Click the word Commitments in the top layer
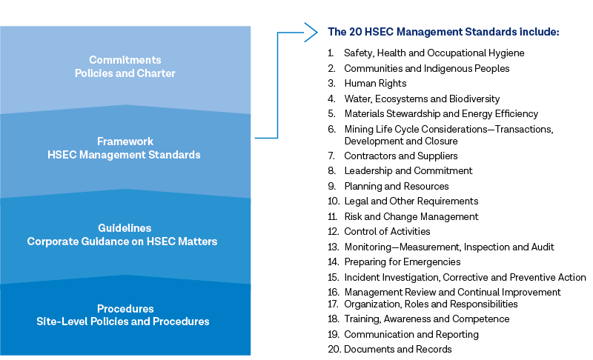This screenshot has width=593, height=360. click(x=125, y=60)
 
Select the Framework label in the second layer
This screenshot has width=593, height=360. click(x=125, y=141)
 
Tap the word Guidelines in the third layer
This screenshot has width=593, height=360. click(x=125, y=228)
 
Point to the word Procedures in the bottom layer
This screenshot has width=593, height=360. click(x=125, y=309)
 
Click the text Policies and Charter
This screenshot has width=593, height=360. click(x=125, y=73)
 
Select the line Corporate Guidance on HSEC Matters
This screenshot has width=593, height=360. click(x=122, y=241)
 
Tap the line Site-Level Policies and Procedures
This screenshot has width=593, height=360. click(x=123, y=321)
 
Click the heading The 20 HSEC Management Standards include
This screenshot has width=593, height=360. click(x=443, y=32)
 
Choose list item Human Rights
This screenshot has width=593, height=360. click(x=375, y=83)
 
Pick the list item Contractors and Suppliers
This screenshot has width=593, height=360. click(x=401, y=156)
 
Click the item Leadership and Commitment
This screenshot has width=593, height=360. click(x=408, y=171)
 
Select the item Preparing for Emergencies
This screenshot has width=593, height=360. click(x=402, y=261)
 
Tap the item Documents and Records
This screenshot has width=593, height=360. click(x=398, y=349)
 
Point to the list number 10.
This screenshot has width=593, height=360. click(x=334, y=201)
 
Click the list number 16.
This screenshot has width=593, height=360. click(x=334, y=292)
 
